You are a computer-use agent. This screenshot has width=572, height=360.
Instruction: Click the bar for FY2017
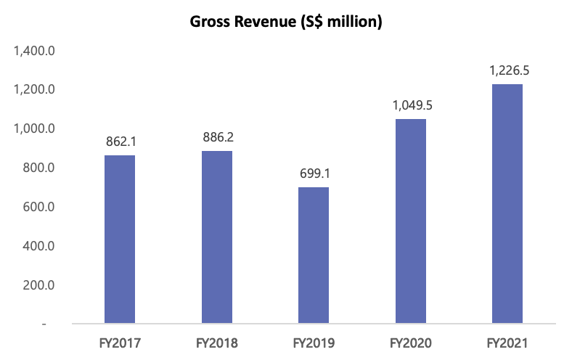pos(120,239)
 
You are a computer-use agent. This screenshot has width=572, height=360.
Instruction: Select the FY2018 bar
pos(216,237)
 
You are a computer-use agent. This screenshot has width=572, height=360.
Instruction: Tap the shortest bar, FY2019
pos(314,255)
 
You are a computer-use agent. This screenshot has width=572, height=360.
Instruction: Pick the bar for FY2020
pos(410,221)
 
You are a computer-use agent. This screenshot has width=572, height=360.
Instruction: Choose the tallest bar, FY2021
pos(507,203)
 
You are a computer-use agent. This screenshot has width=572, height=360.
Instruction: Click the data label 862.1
pos(120,142)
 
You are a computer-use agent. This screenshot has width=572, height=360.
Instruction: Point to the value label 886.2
pos(216,137)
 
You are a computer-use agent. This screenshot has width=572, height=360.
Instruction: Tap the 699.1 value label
pos(314,174)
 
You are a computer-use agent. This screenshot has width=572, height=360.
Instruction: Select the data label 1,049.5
pos(410,105)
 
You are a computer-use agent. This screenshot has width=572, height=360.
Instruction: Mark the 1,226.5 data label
pos(507,71)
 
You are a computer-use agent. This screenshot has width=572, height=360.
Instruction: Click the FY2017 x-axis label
pos(120,341)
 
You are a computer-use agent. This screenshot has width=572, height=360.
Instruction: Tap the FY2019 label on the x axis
pos(314,341)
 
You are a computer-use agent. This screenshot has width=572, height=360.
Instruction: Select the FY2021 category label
pos(507,341)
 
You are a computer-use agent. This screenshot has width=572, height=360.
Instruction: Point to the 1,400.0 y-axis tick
pos(36,52)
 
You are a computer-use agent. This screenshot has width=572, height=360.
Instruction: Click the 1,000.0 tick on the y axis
pos(36,129)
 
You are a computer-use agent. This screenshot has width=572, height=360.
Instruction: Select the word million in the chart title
pos(353,22)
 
